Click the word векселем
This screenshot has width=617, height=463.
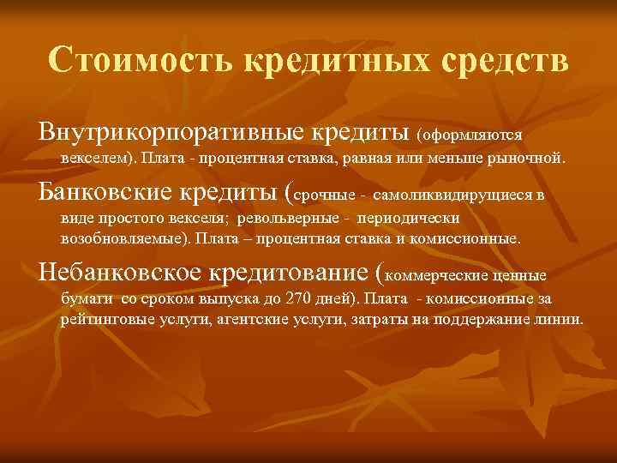point(96,159)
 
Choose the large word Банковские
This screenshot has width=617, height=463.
point(105,193)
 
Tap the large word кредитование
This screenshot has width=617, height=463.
point(285,274)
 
